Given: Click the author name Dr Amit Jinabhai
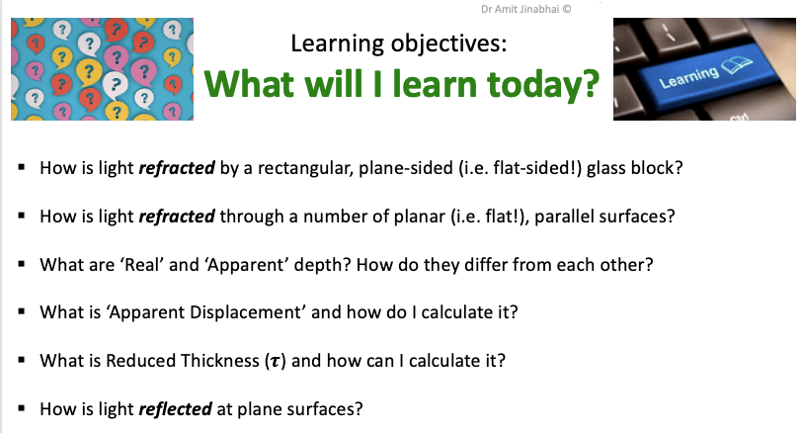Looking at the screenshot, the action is (520, 9).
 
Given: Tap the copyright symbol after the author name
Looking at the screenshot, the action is (567, 9).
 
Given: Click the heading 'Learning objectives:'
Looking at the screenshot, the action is (398, 44).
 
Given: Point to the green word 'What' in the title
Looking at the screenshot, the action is (249, 83).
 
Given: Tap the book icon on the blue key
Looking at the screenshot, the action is (737, 65).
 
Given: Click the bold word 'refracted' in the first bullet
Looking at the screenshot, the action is (177, 168).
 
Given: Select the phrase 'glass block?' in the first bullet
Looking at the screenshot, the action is (634, 168).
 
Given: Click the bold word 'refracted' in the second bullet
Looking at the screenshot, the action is (177, 216).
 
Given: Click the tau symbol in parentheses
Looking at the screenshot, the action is (276, 362).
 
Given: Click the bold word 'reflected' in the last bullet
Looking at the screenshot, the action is (175, 409).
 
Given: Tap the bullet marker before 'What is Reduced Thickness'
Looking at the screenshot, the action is (22, 360).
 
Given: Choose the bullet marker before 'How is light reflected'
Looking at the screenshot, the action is (22, 408).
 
